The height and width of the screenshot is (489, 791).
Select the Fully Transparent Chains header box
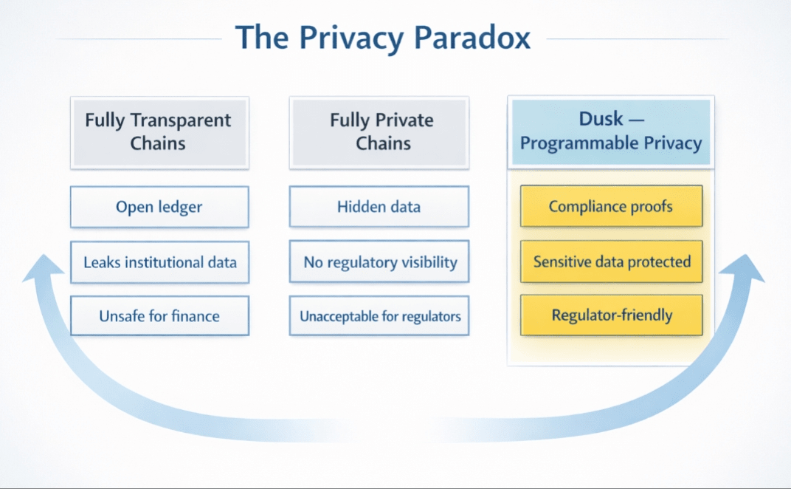pos(159,131)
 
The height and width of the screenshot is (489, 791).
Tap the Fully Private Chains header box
pos(379,131)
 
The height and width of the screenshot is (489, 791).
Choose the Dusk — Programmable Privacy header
pos(610,131)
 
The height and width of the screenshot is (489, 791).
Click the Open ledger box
pos(159,207)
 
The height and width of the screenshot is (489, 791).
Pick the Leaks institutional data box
pos(159,262)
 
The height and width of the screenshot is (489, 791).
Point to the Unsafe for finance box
pos(159,316)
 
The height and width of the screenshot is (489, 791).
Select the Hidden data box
pos(379,207)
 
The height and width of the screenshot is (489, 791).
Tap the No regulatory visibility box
pos(379,262)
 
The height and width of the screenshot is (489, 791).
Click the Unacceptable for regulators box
pos(379,316)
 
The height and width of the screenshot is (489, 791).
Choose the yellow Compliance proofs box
pos(611,206)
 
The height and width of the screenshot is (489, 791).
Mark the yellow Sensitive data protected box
pos(611,261)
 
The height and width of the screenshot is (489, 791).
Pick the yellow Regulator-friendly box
pos(611,315)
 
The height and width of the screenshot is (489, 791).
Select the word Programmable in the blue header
pos(576,143)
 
